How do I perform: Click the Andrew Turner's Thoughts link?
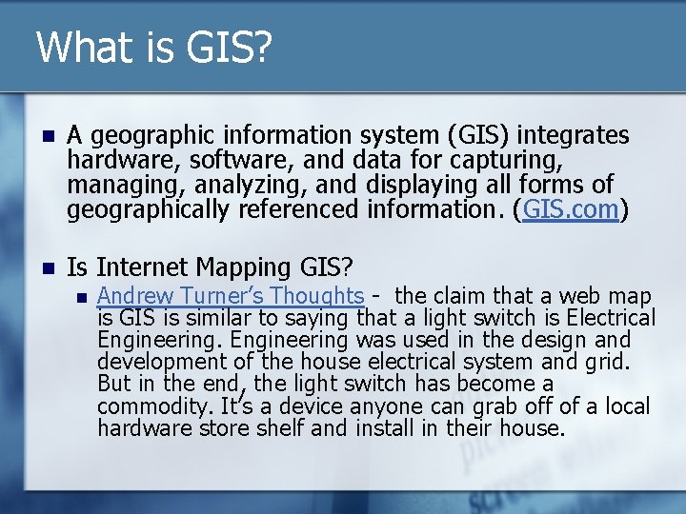(232, 296)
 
